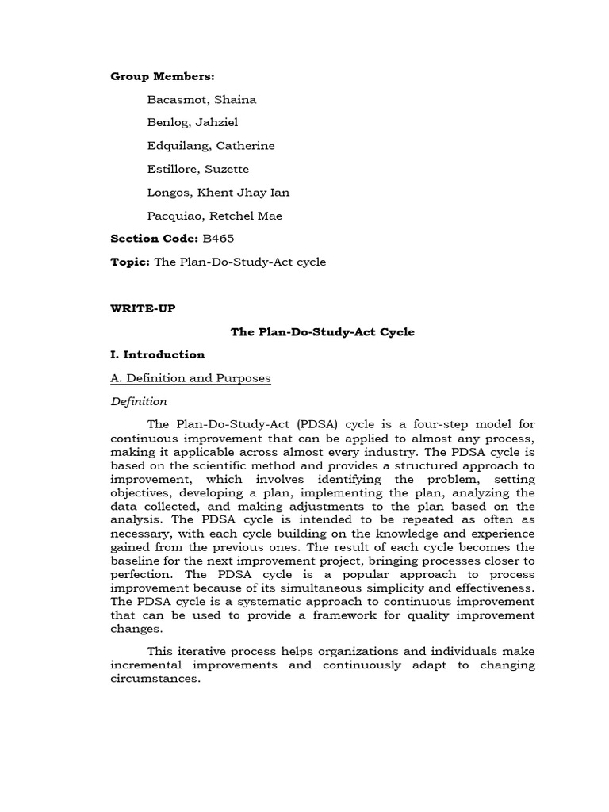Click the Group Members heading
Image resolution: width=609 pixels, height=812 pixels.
pyautogui.click(x=163, y=76)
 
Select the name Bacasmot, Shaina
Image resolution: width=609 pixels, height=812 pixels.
pyautogui.click(x=201, y=100)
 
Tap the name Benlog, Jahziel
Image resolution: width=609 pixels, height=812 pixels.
pyautogui.click(x=192, y=123)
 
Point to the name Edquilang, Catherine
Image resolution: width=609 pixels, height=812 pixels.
pyautogui.click(x=211, y=146)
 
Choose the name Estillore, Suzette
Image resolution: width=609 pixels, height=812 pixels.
pyautogui.click(x=197, y=169)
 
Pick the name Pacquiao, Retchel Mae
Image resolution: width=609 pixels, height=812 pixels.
pyautogui.click(x=214, y=216)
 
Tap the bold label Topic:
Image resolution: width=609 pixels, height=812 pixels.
pyautogui.click(x=130, y=262)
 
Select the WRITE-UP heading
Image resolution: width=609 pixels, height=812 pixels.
pyautogui.click(x=143, y=308)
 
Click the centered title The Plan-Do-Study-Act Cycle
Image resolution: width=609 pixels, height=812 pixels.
pyautogui.click(x=323, y=331)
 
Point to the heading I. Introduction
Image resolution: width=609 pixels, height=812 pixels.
pyautogui.click(x=158, y=354)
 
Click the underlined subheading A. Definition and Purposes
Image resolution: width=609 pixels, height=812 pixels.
pyautogui.click(x=190, y=378)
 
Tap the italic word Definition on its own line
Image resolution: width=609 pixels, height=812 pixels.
pyautogui.click(x=139, y=401)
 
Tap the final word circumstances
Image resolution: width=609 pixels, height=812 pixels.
pyautogui.click(x=156, y=679)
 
